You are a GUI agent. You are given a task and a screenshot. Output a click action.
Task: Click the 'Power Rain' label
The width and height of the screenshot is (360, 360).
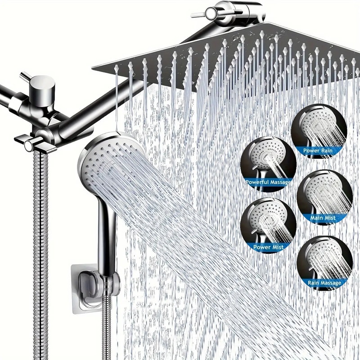[x=318, y=150]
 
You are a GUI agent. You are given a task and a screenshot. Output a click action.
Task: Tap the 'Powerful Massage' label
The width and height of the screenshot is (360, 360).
[x=269, y=182]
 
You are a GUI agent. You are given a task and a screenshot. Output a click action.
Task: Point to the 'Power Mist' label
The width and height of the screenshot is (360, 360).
[x=268, y=247]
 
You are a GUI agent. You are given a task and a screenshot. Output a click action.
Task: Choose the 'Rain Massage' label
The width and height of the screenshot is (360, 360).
[x=324, y=283]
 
